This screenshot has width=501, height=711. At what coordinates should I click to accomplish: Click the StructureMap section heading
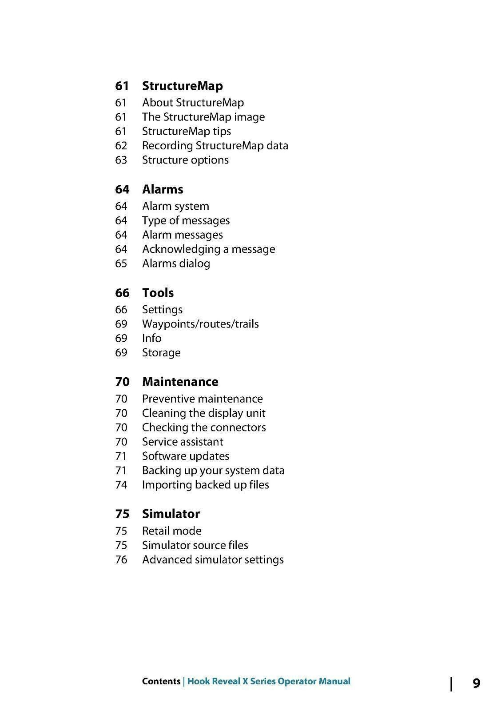tap(182, 86)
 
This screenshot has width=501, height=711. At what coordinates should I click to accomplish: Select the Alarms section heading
tap(163, 189)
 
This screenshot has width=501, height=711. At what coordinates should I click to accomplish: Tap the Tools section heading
tap(158, 293)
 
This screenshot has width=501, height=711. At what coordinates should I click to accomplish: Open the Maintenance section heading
tap(180, 382)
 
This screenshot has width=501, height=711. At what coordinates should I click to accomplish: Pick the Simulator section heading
tap(171, 514)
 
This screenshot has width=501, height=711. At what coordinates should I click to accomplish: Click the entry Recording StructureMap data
tap(215, 146)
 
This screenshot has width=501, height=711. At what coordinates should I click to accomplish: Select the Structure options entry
tap(185, 160)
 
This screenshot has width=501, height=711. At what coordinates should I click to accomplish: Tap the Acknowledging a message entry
tap(208, 249)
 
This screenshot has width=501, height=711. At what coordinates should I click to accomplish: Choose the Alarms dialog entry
tap(176, 264)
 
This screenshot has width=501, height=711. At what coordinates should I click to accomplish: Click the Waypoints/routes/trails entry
tap(200, 324)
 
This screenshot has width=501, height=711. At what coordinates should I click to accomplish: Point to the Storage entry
tap(161, 353)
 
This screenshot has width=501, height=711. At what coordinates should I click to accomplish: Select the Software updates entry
tap(186, 456)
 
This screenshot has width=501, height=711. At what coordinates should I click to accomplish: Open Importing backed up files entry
tap(205, 485)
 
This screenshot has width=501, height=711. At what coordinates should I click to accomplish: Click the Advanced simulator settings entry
tap(213, 559)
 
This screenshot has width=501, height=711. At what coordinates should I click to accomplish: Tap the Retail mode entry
tap(171, 531)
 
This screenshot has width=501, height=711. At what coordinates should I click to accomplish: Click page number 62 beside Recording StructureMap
tap(121, 146)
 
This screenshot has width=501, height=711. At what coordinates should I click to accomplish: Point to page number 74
tap(121, 485)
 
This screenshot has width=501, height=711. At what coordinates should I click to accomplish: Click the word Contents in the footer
tap(161, 681)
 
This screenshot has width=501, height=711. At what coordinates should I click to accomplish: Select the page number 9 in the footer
tap(476, 683)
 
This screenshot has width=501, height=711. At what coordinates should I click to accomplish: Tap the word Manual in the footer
tap(334, 681)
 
